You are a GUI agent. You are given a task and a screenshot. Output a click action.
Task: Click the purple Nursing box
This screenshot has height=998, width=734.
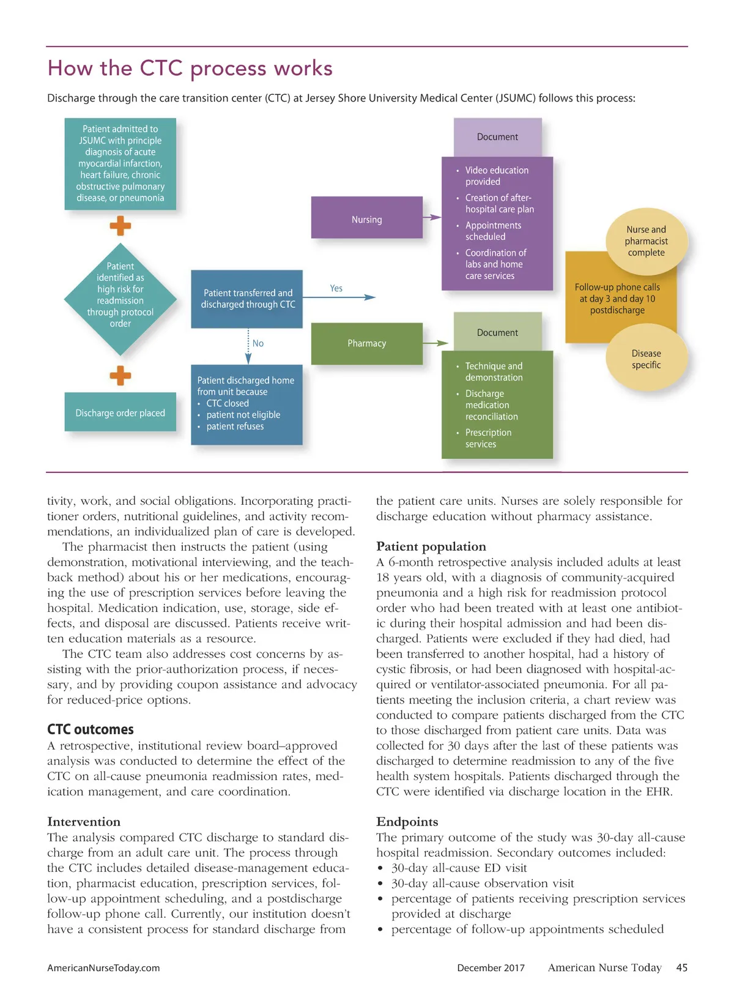366,218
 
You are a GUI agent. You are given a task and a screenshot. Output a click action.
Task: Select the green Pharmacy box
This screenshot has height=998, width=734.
366,343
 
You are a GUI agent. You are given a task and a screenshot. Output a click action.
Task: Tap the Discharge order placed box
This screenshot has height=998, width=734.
120,413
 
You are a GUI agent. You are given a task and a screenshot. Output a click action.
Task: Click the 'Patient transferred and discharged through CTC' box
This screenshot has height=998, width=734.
248,299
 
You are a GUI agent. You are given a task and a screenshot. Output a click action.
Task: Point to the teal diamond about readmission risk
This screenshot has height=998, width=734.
120,299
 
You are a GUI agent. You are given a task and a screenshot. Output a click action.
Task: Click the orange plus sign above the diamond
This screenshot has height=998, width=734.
120,226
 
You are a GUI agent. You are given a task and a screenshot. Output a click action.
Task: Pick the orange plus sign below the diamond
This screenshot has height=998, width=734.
120,376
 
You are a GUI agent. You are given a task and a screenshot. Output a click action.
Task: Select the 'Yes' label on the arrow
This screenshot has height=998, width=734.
336,288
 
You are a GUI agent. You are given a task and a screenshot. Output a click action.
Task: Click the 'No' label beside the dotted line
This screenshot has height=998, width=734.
258,343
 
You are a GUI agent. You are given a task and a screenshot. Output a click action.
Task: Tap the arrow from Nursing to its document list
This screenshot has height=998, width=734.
432,217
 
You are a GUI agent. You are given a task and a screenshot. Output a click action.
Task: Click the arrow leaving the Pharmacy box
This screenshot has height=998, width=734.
435,343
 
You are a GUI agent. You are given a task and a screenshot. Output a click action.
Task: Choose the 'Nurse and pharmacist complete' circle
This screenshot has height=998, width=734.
646,241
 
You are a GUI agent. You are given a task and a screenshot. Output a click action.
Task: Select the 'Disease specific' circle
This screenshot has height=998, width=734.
646,359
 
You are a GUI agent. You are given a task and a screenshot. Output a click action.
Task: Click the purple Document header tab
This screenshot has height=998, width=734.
497,137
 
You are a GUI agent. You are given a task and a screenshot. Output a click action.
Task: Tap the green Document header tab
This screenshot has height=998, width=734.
497,332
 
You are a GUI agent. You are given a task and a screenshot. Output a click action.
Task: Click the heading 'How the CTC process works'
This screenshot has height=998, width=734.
190,68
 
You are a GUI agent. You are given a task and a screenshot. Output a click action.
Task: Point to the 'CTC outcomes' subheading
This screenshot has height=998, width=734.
91,729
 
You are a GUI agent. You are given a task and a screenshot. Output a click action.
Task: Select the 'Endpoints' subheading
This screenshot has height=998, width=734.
407,821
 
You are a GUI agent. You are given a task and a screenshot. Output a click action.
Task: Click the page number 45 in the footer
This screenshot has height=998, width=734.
681,967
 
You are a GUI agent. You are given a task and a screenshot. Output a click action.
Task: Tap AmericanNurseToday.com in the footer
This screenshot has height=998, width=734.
103,968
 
